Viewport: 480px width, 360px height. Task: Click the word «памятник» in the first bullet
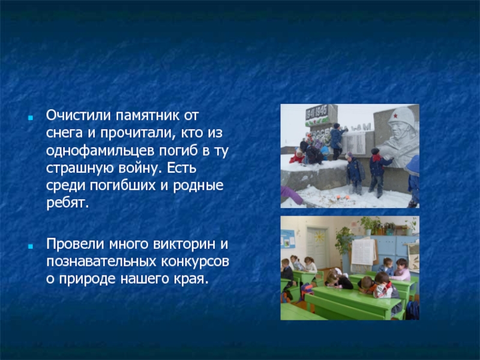coord(147,116)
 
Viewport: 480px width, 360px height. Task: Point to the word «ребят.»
coord(67,203)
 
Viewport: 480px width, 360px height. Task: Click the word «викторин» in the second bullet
coord(184,244)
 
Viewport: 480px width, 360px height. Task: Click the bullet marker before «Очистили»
coord(31,118)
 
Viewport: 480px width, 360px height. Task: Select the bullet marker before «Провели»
coord(31,246)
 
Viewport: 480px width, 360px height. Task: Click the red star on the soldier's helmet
coord(395,116)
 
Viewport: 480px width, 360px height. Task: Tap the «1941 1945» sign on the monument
coord(317,112)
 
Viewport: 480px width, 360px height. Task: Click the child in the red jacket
coord(296,157)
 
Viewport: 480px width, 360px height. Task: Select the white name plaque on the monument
coord(354,143)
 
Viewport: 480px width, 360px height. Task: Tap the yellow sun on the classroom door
coord(319,236)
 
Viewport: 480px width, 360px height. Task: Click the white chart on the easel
coord(364,252)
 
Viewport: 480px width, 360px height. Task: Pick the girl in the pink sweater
coord(401,270)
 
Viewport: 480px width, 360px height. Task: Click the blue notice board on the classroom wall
coord(287,239)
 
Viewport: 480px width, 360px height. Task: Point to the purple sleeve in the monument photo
coord(291,194)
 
